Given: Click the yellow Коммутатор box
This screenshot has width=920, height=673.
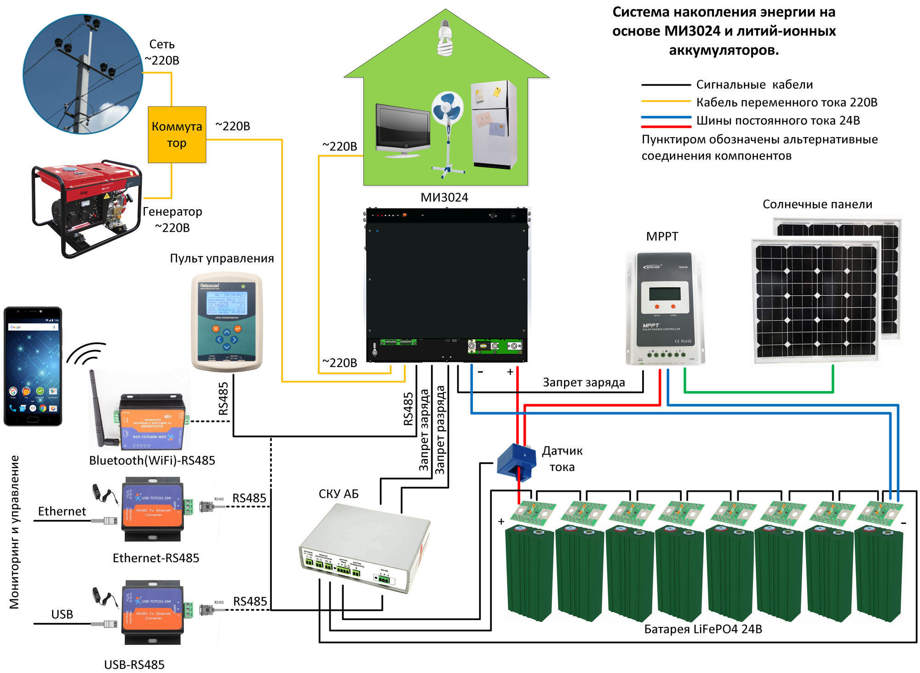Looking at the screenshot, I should coord(177,135).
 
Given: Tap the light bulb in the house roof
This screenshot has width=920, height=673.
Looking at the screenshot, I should coord(444,39).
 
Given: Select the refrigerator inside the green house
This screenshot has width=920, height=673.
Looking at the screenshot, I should coord(494,124).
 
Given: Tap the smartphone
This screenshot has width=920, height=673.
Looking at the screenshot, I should coord(33,366).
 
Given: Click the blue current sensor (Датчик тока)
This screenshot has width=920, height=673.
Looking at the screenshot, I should coord(517,461).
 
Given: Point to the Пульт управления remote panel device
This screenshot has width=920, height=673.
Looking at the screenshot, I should coord(227,322).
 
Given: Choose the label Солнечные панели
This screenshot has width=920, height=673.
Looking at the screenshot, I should coord(817,204).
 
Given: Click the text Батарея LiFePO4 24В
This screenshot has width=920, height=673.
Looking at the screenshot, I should coord(703,629).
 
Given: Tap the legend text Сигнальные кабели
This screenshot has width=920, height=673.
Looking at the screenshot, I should coord(754,85).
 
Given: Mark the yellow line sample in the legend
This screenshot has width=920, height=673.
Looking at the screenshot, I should coord(666,101).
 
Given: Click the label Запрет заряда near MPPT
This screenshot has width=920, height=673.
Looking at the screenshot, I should coord(583,382).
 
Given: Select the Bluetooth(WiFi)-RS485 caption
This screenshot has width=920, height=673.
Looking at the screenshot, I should coord(152,460).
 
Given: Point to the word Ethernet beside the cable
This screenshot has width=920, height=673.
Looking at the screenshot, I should coord(62,511).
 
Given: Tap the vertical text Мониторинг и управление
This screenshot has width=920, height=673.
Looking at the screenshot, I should coord(15,532).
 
